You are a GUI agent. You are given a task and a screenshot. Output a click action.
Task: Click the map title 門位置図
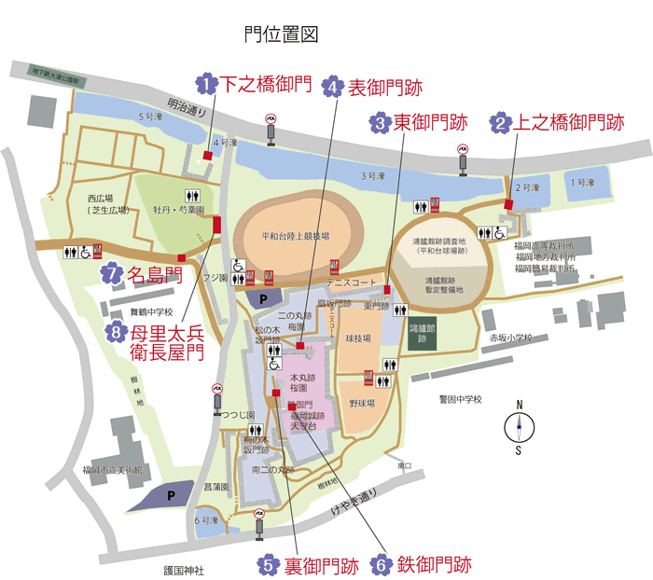(x=281, y=35)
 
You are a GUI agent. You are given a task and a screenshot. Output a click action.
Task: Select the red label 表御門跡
(x=385, y=88)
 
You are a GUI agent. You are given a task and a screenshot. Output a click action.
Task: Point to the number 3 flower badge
(x=380, y=122)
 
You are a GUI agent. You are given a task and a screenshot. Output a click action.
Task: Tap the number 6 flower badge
(x=380, y=564)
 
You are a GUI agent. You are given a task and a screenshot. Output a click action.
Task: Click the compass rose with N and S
(x=519, y=427)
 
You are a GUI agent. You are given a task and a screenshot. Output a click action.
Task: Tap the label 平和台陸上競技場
(x=295, y=237)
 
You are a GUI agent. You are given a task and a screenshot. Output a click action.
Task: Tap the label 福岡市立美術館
(x=111, y=470)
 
